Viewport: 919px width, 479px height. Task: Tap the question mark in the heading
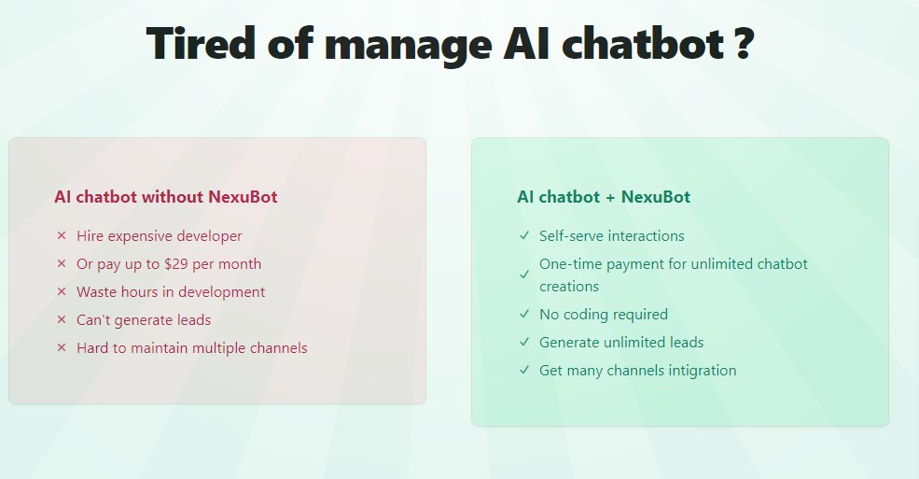[x=742, y=43]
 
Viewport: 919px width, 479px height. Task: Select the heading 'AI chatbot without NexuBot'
[x=165, y=197]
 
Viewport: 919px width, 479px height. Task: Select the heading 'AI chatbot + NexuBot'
[x=604, y=197]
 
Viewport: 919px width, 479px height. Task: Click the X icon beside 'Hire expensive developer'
[x=62, y=236]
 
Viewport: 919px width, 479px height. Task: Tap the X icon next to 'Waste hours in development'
[x=62, y=292]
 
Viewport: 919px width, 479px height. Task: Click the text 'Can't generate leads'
[x=144, y=320]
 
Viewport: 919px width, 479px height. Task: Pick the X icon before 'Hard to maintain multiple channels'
[x=62, y=348]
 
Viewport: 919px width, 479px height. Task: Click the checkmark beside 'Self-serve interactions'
[x=524, y=236]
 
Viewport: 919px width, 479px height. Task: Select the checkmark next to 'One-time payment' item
[x=524, y=275]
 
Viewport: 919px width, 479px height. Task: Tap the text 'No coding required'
[x=604, y=315]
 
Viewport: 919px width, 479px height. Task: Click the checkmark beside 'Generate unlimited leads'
[x=524, y=343]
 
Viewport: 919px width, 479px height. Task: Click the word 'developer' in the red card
[x=210, y=236]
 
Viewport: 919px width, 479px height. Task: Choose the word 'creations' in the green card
[x=569, y=287]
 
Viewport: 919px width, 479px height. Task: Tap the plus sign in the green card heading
[x=610, y=197]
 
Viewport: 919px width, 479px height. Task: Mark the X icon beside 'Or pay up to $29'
[x=62, y=264]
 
